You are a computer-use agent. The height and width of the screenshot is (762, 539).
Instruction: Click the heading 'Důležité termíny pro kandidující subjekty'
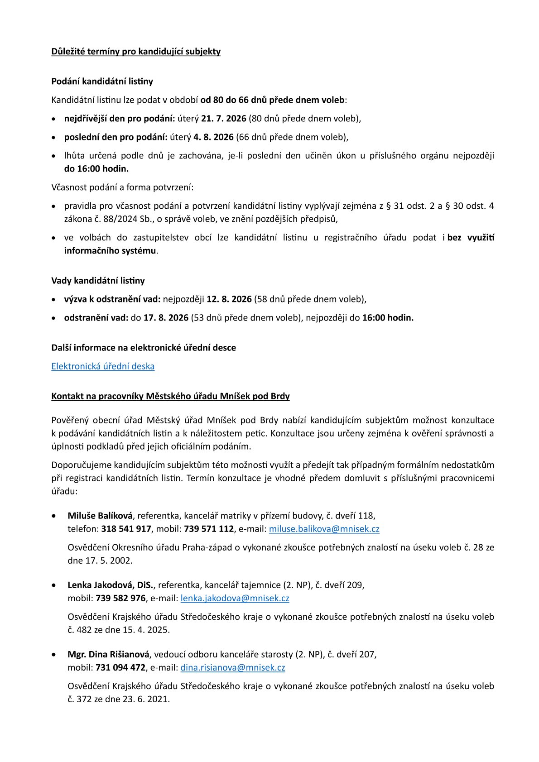coord(136,52)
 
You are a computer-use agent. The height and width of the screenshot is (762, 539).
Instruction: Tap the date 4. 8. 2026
coord(213,137)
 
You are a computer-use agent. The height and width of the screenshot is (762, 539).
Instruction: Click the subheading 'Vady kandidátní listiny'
coord(98,281)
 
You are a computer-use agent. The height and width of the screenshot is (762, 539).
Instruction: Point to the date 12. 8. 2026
coord(229,299)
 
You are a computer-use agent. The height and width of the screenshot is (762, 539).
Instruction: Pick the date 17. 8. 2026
coord(166,318)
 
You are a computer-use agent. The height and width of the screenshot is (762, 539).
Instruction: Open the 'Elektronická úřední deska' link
coord(103,366)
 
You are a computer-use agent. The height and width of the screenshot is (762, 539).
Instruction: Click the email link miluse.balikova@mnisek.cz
coord(324,529)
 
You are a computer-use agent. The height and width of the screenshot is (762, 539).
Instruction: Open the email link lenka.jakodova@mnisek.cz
coord(235,598)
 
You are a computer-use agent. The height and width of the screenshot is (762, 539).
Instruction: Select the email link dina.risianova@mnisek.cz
coord(233,667)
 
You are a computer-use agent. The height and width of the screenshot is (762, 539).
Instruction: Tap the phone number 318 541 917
coord(126,529)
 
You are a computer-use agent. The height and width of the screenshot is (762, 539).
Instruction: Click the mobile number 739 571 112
coord(209,529)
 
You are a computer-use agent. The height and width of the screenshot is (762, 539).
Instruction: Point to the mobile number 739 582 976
coord(120,598)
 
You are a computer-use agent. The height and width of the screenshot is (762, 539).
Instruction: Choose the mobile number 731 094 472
coord(120,667)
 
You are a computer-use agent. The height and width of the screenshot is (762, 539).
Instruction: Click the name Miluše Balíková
coord(100,516)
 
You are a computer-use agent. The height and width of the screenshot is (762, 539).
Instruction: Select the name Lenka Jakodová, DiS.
coord(111,585)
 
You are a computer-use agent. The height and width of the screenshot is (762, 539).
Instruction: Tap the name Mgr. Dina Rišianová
coord(108,654)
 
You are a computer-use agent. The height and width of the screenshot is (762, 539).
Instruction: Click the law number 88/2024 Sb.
coord(115,219)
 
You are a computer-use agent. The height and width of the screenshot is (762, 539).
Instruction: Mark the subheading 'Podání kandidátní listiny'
coord(102,81)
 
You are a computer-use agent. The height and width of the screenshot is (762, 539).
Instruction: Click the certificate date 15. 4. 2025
coord(146,630)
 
